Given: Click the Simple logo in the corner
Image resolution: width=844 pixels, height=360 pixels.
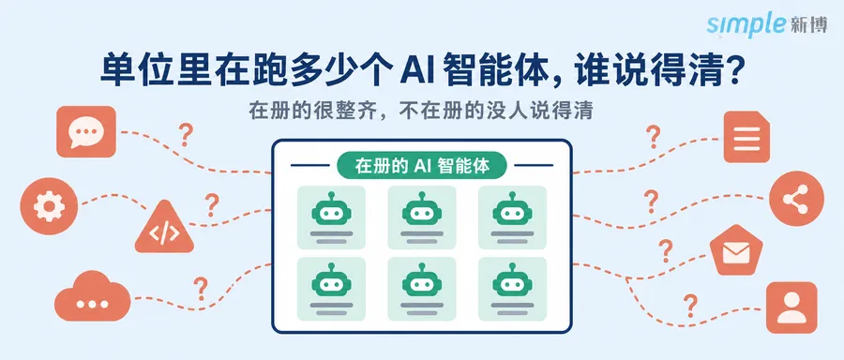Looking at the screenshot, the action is [766, 24].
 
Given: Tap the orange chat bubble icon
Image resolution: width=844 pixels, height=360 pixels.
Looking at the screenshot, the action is [86, 132].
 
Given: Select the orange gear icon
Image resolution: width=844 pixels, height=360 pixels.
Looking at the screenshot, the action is [49, 206].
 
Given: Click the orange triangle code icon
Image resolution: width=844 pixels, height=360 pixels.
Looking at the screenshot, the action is [164, 229].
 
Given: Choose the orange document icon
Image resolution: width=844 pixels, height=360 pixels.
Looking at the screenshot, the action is [746, 137].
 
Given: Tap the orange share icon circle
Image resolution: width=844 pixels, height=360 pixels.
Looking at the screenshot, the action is [796, 199].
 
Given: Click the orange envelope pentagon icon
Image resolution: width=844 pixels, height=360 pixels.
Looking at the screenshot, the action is [736, 250].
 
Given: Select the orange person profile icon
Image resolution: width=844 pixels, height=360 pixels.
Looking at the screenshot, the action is [791, 307].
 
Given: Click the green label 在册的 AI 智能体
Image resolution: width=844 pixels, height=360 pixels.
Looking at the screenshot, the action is [422, 166].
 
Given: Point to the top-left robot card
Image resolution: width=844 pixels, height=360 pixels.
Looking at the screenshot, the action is [331, 217].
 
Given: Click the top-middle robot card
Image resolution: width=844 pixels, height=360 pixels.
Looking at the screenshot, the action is [421, 217].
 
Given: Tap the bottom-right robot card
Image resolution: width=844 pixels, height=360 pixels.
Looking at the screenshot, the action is [512, 289].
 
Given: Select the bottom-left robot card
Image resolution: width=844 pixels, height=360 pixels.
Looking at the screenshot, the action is [331, 289].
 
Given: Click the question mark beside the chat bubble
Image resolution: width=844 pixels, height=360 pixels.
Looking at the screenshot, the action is [186, 134].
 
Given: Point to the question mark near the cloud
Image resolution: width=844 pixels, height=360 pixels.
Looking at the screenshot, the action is [201, 289].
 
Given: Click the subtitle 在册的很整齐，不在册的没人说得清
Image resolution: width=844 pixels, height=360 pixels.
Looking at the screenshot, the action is [421, 111].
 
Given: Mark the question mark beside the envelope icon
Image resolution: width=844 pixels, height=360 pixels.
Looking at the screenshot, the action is [666, 250].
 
